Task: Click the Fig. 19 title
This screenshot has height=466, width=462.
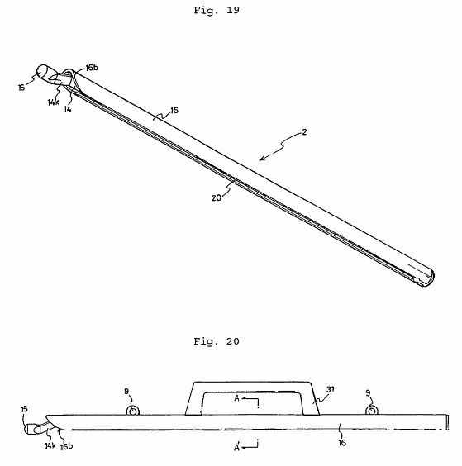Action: pyautogui.click(x=217, y=10)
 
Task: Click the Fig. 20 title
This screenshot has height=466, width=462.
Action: pyautogui.click(x=217, y=341)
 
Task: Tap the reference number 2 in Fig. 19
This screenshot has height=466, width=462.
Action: pyautogui.click(x=304, y=132)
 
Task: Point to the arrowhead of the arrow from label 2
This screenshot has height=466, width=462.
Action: pyautogui.click(x=261, y=159)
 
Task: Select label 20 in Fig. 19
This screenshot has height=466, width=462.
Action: pyautogui.click(x=217, y=198)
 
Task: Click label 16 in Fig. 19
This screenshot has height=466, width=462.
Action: pyautogui.click(x=174, y=110)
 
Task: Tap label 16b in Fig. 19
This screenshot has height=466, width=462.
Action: pyautogui.click(x=92, y=68)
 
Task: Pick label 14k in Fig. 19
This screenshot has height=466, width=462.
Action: pyautogui.click(x=53, y=102)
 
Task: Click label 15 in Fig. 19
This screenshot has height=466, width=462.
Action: pyautogui.click(x=21, y=88)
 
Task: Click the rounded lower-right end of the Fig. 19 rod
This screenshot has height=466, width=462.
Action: pyautogui.click(x=431, y=277)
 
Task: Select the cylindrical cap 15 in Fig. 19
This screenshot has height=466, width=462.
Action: pyautogui.click(x=44, y=73)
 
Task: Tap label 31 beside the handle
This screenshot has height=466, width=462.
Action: pyautogui.click(x=331, y=389)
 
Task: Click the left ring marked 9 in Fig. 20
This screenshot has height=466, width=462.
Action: pyautogui.click(x=133, y=411)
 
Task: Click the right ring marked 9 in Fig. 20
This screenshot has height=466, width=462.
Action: pyautogui.click(x=371, y=411)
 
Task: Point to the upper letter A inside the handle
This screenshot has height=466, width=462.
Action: pyautogui.click(x=236, y=398)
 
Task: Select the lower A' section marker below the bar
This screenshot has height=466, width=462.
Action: pyautogui.click(x=237, y=446)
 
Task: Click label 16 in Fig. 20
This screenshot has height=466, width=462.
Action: pyautogui.click(x=342, y=443)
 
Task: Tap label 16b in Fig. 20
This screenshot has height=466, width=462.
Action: pyautogui.click(x=66, y=446)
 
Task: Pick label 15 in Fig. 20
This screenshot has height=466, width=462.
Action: pyautogui.click(x=24, y=409)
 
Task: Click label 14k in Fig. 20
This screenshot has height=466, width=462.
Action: pyautogui.click(x=50, y=445)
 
